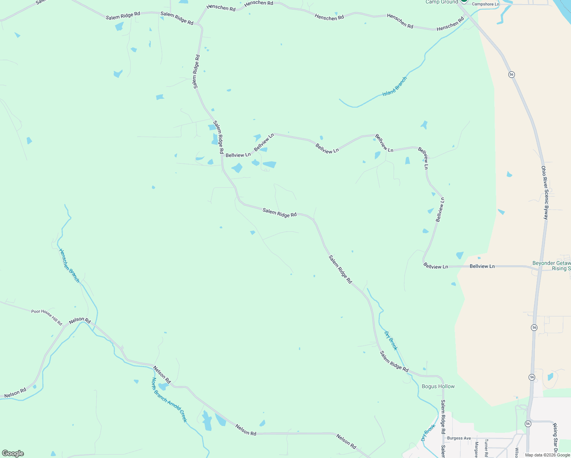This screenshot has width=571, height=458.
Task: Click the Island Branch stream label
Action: click(395, 86)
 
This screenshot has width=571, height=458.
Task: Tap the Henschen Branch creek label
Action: click(69, 265)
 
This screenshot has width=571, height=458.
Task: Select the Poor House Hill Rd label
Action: click(47, 317)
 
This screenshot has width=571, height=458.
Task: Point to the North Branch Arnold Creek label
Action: click(169, 400)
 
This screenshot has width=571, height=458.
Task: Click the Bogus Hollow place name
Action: click(438, 386)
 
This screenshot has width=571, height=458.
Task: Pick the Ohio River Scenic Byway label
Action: click(545, 192)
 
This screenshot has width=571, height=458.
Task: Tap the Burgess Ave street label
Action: click(459, 438)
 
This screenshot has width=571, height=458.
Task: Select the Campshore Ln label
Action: click(485, 4)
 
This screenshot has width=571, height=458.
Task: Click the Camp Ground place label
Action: click(442, 2)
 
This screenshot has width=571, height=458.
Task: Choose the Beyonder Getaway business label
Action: click(552, 263)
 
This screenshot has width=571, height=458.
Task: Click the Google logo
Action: click(13, 453)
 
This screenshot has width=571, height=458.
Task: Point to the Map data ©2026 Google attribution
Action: click(547, 455)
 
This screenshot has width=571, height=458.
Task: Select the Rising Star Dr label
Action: click(555, 439)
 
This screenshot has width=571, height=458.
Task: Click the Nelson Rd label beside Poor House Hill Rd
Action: click(80, 321)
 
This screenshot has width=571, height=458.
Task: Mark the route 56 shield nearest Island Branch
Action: click(511, 74)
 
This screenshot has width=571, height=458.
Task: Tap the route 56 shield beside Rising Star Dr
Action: click(528, 424)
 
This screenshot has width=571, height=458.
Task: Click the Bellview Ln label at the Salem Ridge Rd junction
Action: click(238, 155)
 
